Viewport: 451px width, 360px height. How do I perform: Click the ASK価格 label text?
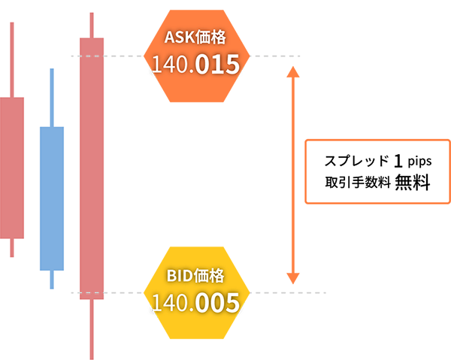click(x=195, y=38)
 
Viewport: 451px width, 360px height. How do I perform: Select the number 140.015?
click(x=195, y=64)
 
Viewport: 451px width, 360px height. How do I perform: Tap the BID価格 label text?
click(x=195, y=276)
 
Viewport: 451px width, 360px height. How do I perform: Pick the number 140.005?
click(x=195, y=302)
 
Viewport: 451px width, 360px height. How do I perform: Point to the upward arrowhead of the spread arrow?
click(x=293, y=72)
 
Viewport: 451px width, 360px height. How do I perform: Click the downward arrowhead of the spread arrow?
click(x=293, y=278)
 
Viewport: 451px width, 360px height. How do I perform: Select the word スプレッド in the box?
click(x=356, y=161)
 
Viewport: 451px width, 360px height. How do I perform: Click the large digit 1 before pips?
click(x=398, y=161)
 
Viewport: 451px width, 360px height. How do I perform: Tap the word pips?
click(x=419, y=162)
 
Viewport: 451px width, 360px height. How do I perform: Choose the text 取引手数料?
click(x=358, y=183)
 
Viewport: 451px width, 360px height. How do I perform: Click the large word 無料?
click(x=413, y=183)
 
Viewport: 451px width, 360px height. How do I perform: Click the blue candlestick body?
click(x=52, y=198)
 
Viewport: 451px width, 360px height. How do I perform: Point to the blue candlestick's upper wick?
click(x=52, y=98)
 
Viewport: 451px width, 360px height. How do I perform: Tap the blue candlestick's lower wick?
click(x=52, y=280)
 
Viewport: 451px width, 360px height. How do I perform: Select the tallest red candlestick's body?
click(x=92, y=168)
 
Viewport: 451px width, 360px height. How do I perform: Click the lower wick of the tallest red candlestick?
click(x=92, y=329)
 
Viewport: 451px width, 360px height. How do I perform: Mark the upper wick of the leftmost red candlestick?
click(x=12, y=60)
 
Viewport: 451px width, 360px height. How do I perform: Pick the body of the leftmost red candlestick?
click(x=12, y=168)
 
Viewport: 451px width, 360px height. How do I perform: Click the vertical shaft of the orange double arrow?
click(x=293, y=175)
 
